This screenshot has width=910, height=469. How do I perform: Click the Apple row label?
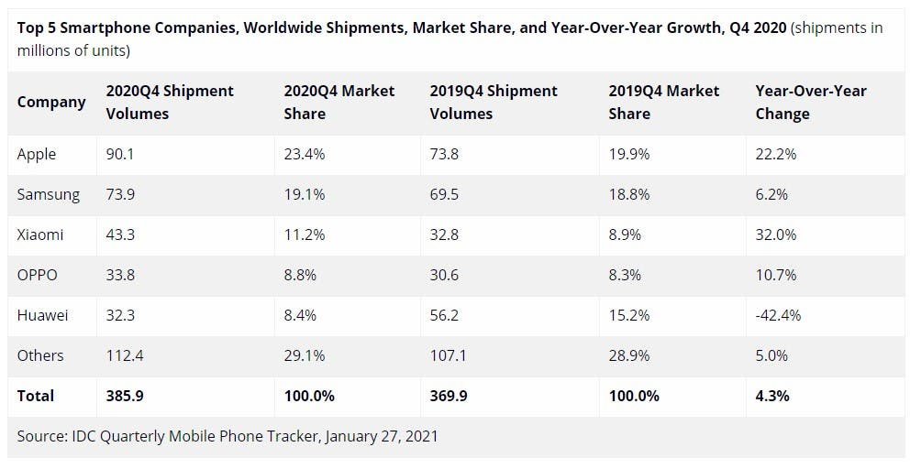click(x=37, y=154)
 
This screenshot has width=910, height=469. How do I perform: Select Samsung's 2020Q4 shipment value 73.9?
click(x=120, y=194)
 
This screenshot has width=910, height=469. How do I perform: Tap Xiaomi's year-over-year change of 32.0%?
click(x=776, y=234)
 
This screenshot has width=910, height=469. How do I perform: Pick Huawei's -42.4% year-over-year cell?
click(x=778, y=315)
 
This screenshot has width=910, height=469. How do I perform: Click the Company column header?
click(x=51, y=102)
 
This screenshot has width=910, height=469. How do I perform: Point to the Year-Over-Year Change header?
click(x=810, y=102)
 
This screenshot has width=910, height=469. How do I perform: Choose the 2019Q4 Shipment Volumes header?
click(x=494, y=102)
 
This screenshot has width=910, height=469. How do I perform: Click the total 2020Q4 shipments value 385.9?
click(x=125, y=396)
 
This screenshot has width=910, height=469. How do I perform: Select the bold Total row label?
click(x=36, y=396)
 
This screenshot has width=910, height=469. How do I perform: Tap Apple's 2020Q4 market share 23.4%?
click(x=305, y=154)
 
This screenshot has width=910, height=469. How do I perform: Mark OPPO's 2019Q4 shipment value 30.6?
click(x=445, y=275)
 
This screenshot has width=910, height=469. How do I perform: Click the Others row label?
click(x=40, y=355)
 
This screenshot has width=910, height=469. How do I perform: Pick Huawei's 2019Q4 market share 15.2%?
click(x=628, y=315)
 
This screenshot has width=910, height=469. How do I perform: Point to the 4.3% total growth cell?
click(x=771, y=396)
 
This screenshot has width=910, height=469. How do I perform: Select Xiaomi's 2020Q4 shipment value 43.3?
click(x=120, y=234)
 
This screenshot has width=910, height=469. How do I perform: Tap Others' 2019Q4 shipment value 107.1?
click(x=449, y=355)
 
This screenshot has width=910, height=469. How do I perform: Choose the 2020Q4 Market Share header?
click(x=339, y=102)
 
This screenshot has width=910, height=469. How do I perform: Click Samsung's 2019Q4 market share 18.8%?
click(x=628, y=194)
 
